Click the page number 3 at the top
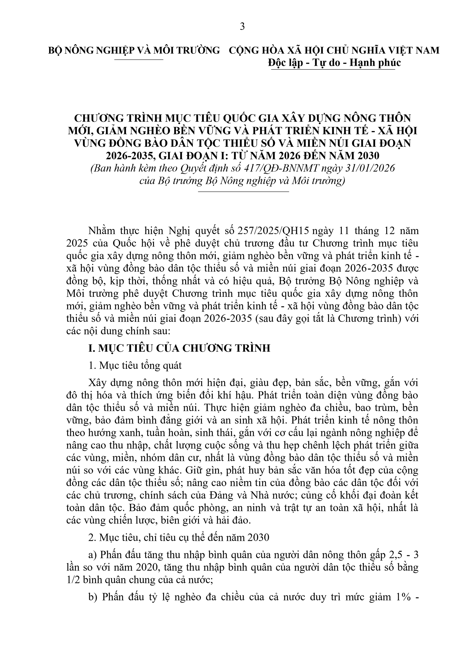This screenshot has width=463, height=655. (x=242, y=27)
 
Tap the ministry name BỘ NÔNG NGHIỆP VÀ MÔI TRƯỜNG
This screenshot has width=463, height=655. (x=134, y=50)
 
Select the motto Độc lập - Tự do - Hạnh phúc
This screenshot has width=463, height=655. (x=334, y=63)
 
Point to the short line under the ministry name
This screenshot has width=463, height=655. (x=139, y=60)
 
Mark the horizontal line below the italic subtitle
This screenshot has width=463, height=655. (x=243, y=191)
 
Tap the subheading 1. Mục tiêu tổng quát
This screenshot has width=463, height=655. (x=135, y=365)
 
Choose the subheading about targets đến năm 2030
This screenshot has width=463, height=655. (x=179, y=538)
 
